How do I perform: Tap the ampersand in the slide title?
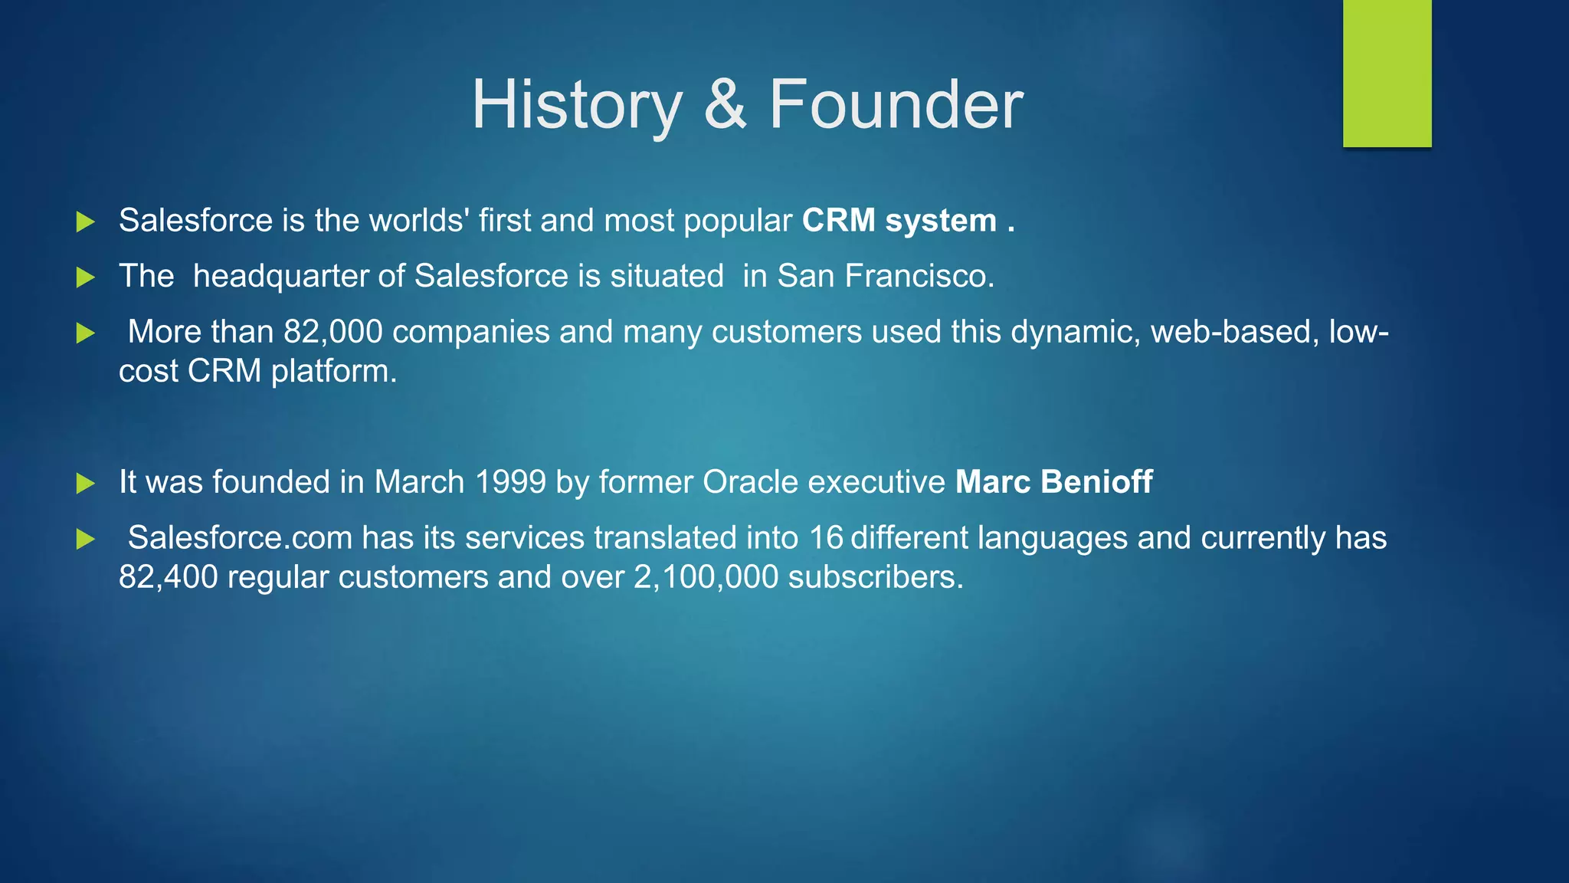724,105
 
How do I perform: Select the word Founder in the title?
896,105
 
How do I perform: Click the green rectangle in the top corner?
1387,73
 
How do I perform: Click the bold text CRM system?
899,221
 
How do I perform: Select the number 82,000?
333,332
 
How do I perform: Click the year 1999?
510,482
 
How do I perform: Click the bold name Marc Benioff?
1053,482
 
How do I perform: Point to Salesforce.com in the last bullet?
240,538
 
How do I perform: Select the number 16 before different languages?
826,538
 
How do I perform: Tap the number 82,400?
168,577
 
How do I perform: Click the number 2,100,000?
706,577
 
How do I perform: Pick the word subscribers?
875,577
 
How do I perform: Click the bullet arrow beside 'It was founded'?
86,483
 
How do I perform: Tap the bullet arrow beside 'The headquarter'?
86,277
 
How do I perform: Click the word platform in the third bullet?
333,372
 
